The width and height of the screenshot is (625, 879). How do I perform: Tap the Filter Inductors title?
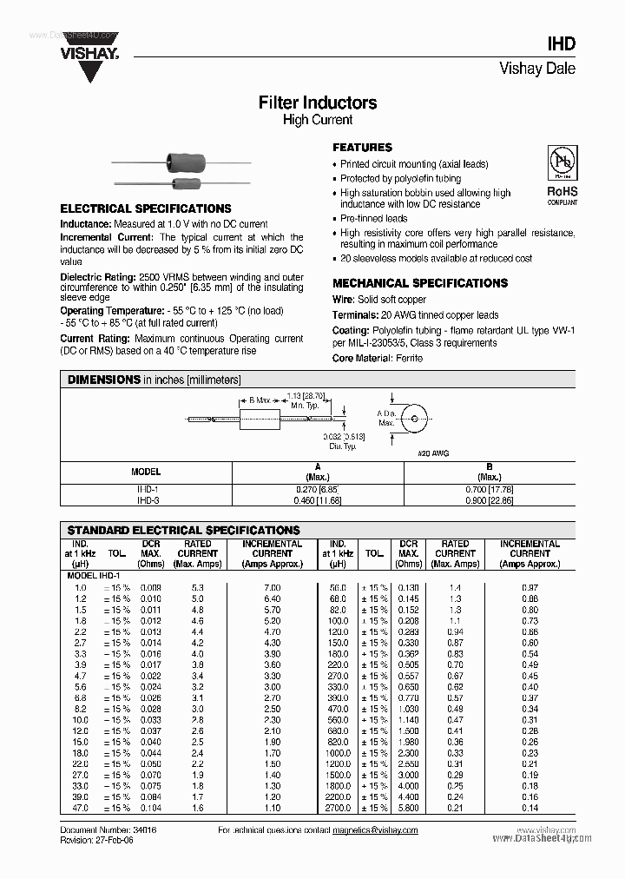click(x=318, y=102)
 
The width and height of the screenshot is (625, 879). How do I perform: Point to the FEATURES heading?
click(x=363, y=148)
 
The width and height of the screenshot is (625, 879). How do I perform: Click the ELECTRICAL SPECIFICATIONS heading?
click(x=145, y=208)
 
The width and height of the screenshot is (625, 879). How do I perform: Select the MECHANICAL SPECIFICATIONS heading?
click(x=420, y=283)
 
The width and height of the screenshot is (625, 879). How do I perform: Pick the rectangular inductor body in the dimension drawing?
click(x=261, y=419)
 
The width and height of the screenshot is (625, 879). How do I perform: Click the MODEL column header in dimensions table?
click(x=145, y=472)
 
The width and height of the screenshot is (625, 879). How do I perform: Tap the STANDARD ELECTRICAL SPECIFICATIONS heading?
click(x=183, y=530)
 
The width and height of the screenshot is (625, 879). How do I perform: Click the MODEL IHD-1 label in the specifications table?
click(x=94, y=575)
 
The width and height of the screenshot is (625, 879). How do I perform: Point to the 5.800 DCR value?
click(x=408, y=808)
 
